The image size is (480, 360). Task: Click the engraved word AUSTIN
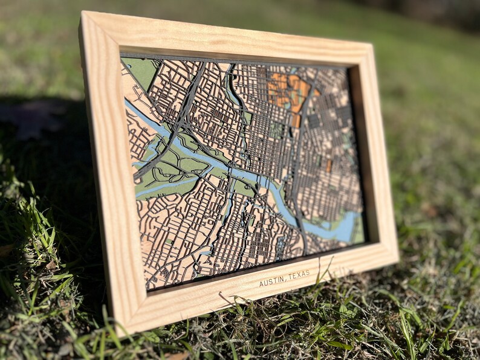coord(271,281)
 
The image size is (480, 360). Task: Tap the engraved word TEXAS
coord(299,275)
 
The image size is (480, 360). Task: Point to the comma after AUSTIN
coord(285,279)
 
